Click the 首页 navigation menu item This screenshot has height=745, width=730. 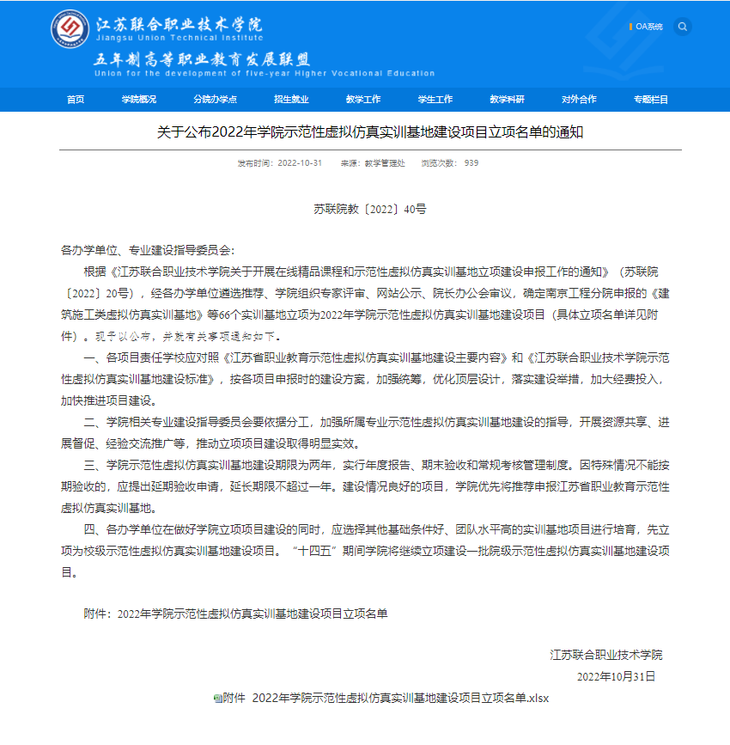(x=76, y=99)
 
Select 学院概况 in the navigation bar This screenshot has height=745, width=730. (x=138, y=99)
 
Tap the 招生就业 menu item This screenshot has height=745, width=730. (x=291, y=99)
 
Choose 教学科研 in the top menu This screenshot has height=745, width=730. (x=507, y=99)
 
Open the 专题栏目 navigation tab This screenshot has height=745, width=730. (x=651, y=99)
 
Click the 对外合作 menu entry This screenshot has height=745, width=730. (x=579, y=99)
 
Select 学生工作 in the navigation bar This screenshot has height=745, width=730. (x=435, y=99)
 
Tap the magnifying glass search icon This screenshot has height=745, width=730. (x=683, y=27)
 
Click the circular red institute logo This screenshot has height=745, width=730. (x=69, y=30)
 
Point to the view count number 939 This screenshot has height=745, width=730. (x=471, y=163)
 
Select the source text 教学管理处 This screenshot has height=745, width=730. (x=385, y=163)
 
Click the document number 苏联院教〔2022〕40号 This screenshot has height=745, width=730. (x=369, y=209)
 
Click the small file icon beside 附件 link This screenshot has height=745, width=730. (x=217, y=698)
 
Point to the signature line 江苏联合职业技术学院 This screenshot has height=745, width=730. (x=606, y=655)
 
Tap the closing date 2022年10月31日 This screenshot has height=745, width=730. (x=616, y=676)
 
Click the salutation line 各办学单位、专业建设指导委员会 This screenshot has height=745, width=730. (x=146, y=250)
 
